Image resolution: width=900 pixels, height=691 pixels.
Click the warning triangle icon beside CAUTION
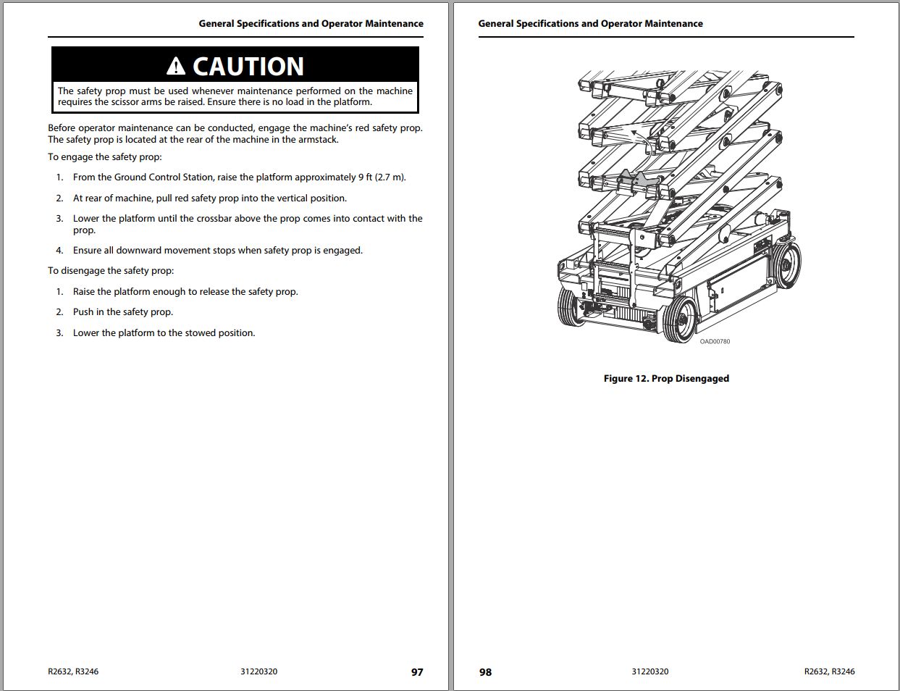pos(176,67)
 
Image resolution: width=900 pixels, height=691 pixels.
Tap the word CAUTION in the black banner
pos(248,67)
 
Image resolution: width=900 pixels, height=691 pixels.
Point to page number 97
pos(417,672)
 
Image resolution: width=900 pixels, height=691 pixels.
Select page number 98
pos(485,672)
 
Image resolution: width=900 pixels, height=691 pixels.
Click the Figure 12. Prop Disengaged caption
pos(666,378)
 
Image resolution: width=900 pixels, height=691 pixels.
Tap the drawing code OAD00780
pos(715,341)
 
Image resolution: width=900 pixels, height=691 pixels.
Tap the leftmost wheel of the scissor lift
pos(571,307)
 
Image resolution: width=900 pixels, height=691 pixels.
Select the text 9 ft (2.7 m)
pos(382,177)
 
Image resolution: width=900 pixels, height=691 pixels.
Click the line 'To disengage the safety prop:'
pos(111,271)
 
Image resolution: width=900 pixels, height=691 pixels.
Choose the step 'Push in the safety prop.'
pos(123,312)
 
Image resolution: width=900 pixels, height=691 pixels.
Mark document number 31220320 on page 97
pos(258,671)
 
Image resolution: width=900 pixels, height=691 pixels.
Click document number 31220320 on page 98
pos(649,671)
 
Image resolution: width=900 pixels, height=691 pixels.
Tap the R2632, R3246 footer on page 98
pos(829,671)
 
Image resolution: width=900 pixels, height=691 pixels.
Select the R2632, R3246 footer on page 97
pos(73,671)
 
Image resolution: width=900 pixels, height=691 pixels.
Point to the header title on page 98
pos(590,24)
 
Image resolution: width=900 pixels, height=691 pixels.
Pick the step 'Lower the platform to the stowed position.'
pos(164,333)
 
